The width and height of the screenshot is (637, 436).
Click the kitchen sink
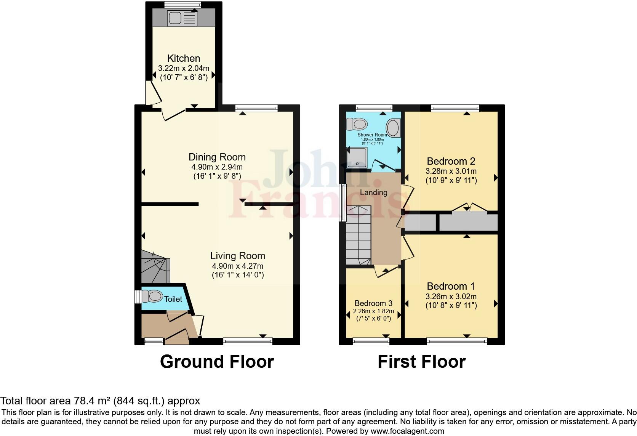click(175, 18)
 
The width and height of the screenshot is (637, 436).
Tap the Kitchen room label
click(184, 58)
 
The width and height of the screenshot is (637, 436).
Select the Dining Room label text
click(217, 157)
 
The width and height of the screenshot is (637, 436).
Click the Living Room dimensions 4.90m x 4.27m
click(238, 266)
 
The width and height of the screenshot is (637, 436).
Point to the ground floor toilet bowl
click(152, 296)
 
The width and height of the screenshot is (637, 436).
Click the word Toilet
click(173, 299)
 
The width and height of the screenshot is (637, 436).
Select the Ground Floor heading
click(217, 362)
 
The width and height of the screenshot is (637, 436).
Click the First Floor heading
click(421, 362)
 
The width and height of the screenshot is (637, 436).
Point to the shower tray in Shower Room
click(357, 158)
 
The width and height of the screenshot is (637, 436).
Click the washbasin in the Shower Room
click(394, 128)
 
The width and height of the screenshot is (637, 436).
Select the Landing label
click(373, 192)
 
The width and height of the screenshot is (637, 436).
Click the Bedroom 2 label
click(451, 161)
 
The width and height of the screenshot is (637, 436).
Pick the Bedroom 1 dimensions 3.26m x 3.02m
click(451, 297)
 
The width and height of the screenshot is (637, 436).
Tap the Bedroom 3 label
click(373, 303)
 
